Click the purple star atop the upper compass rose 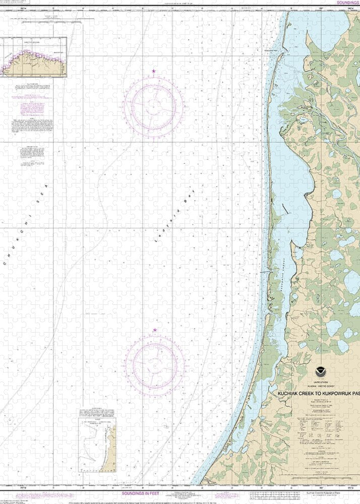pyautogui.click(x=154, y=72)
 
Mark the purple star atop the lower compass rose pyautogui.click(x=155, y=330)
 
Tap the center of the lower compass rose pyautogui.click(x=155, y=363)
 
